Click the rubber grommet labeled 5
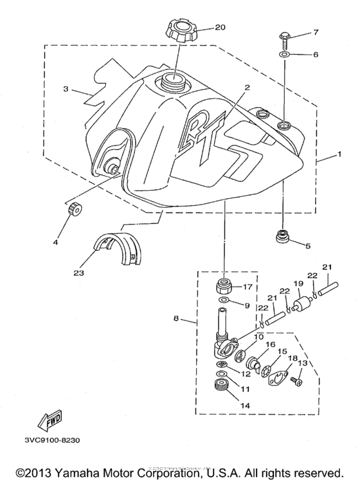281,237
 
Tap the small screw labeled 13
297,382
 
